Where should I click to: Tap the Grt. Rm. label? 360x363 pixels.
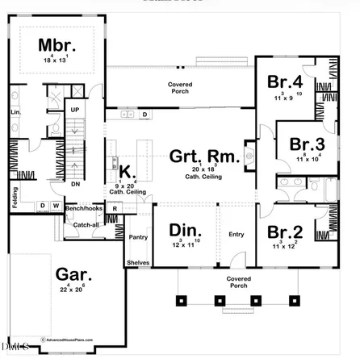tap(204, 156)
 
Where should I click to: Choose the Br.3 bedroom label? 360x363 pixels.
tap(308, 144)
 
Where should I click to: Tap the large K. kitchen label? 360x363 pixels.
tap(126, 171)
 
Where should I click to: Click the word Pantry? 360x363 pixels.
tap(136, 237)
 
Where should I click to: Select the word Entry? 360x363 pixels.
tap(236, 234)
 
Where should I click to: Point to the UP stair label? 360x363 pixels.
tap(75, 109)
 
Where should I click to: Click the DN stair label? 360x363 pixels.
tap(74, 183)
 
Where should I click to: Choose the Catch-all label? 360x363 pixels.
tap(86, 225)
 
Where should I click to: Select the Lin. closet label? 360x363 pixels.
tap(15, 112)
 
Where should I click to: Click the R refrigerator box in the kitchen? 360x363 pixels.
tap(115, 208)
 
